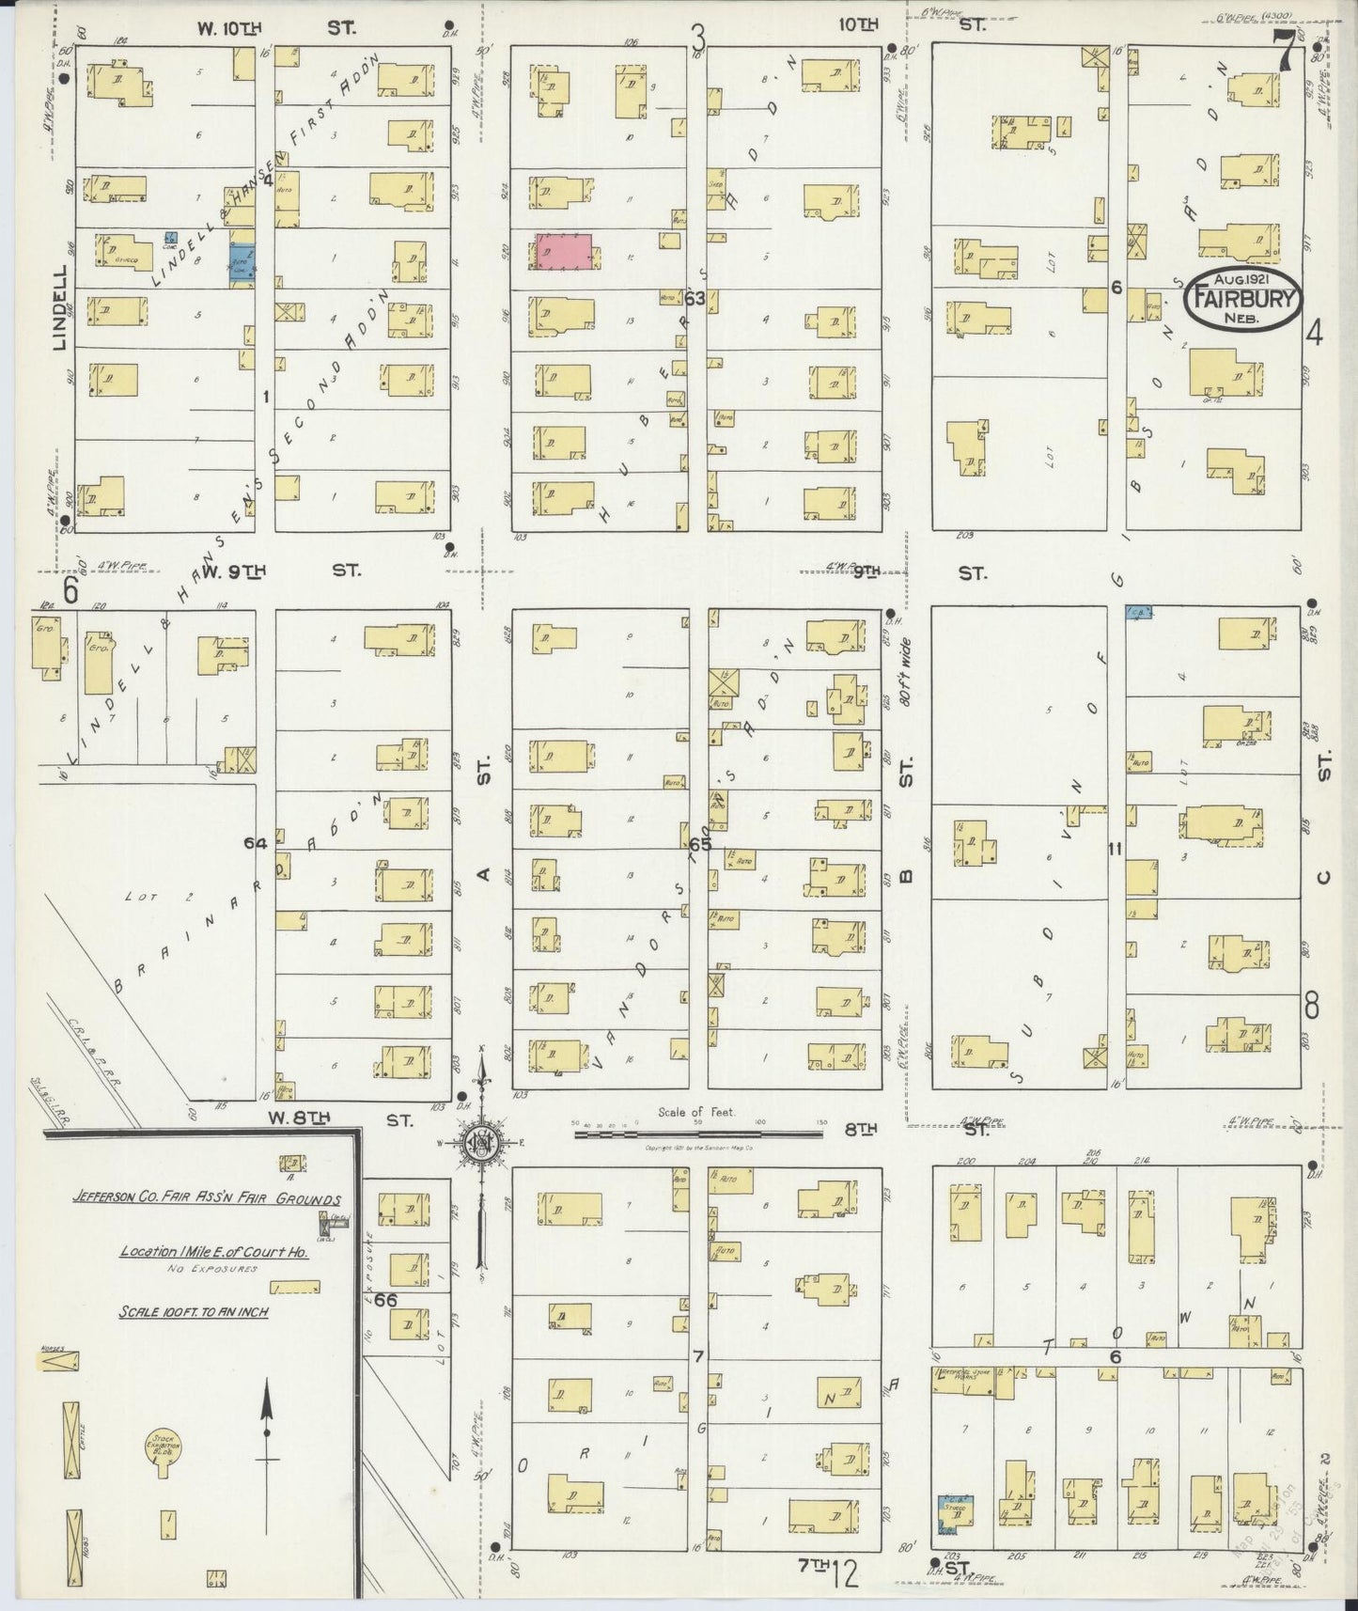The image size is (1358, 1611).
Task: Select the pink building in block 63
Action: click(x=564, y=254)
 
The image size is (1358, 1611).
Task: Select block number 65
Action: click(x=700, y=845)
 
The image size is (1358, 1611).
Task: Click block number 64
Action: click(x=256, y=843)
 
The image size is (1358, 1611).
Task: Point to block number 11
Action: click(x=1116, y=849)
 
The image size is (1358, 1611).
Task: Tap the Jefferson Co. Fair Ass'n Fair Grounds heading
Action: click(x=208, y=1199)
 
